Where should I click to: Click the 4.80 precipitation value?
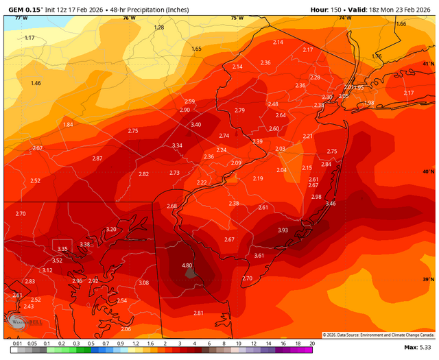187,265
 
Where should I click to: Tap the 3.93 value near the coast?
283,230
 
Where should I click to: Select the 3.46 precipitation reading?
331,204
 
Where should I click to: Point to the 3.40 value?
196,125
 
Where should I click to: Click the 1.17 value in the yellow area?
29,38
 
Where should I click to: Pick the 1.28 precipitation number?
159,27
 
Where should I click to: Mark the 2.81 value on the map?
199,313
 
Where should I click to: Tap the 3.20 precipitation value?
111,229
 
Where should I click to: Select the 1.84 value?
68,125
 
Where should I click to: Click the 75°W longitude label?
237,18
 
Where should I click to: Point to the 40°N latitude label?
428,171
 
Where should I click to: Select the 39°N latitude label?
428,280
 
